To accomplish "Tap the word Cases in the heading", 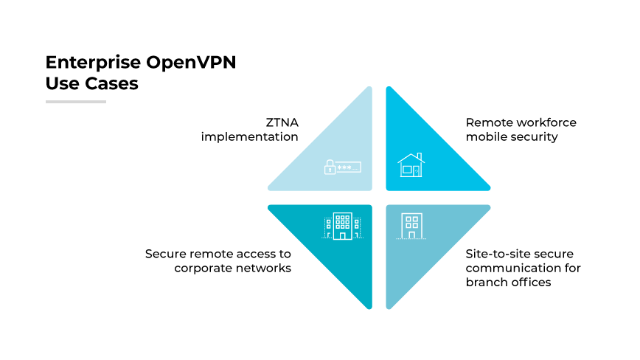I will (x=112, y=83).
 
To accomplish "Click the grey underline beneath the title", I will (x=76, y=101).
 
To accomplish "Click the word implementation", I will (x=250, y=136).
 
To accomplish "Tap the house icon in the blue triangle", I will (x=411, y=165).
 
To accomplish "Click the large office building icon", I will (x=341, y=226).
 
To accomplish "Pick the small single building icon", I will (x=411, y=226).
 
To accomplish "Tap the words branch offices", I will (x=508, y=282).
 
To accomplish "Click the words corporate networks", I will (x=233, y=268).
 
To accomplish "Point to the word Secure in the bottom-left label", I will (x=165, y=254).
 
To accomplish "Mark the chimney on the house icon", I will (x=419, y=156).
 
